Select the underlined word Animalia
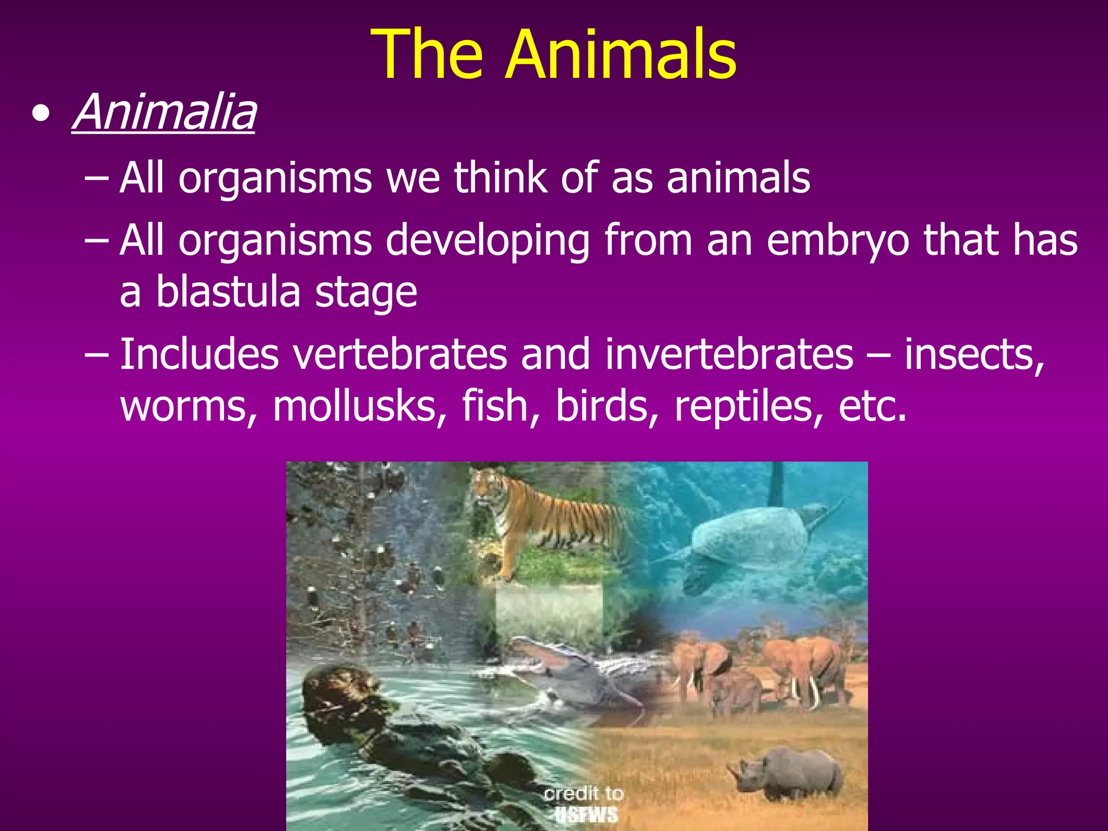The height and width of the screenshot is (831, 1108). [x=164, y=113]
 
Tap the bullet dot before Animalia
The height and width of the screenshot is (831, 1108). [x=41, y=114]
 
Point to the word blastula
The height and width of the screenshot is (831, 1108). [x=228, y=292]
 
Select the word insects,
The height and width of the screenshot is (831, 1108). [x=974, y=355]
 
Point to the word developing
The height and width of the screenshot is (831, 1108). [x=487, y=241]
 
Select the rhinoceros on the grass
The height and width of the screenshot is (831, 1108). [x=790, y=774]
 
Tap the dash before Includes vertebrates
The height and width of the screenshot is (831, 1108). [x=97, y=355]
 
